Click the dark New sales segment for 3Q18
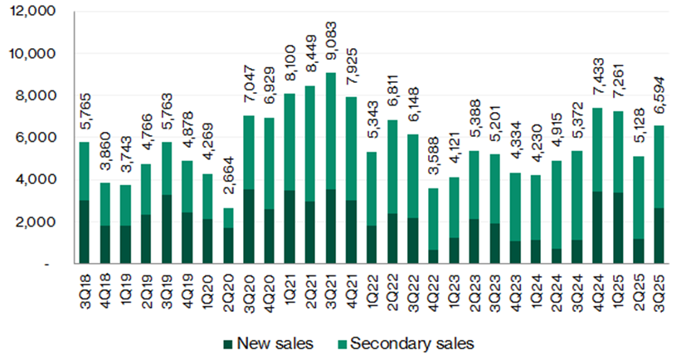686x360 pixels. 83,231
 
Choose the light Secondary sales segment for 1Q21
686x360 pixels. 289,142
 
